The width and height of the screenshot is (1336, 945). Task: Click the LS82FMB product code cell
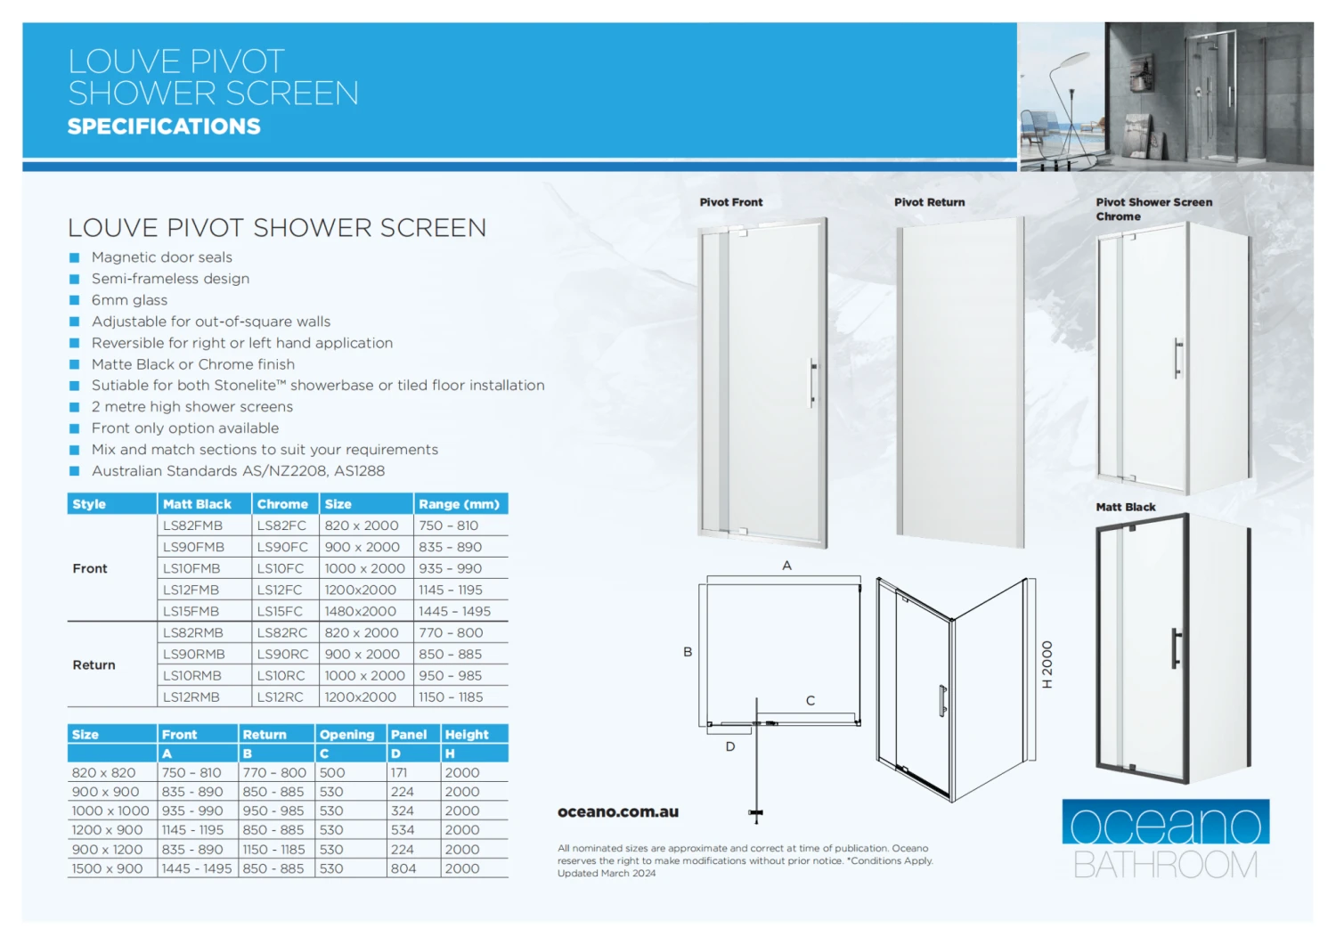(x=192, y=525)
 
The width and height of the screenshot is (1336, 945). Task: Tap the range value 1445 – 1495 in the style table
(x=454, y=611)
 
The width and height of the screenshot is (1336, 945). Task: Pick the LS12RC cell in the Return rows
(x=280, y=697)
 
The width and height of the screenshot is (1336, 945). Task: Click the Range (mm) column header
(x=459, y=504)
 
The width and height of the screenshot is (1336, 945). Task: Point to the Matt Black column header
(x=197, y=504)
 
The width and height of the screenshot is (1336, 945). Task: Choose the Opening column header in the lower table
(x=346, y=735)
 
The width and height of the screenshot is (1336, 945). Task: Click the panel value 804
(x=403, y=868)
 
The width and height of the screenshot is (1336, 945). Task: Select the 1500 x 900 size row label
(x=107, y=868)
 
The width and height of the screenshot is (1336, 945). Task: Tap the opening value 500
(x=332, y=773)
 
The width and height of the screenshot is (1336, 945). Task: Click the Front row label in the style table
(x=90, y=568)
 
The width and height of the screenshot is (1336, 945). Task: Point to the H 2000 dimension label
(x=1047, y=664)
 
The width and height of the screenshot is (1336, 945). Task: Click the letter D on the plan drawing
(x=730, y=746)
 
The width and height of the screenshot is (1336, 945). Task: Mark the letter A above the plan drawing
(x=786, y=566)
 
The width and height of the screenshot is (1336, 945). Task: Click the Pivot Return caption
(x=929, y=202)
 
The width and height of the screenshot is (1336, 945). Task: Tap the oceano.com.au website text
(x=618, y=812)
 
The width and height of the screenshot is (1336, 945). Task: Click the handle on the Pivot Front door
(x=812, y=383)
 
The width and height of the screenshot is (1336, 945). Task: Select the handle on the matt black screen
(x=1177, y=648)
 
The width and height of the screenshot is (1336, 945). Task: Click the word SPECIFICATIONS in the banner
(x=164, y=126)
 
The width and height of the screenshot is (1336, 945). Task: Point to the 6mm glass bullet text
(x=129, y=300)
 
